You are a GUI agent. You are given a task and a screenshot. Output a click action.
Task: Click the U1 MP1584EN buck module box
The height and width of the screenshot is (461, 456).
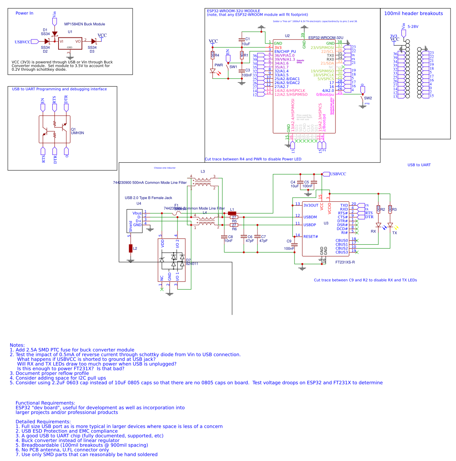tap(70, 43)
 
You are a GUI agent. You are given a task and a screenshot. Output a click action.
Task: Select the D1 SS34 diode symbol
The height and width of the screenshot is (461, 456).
tap(54, 34)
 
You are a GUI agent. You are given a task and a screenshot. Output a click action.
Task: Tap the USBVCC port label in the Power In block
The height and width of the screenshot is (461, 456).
tap(23, 42)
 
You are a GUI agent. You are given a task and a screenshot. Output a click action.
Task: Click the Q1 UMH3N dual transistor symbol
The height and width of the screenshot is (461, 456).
tap(55, 129)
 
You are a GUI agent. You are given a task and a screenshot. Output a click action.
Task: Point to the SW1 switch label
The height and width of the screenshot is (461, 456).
tap(233, 67)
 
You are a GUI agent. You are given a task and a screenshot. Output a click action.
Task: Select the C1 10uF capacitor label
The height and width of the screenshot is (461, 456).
tap(247, 39)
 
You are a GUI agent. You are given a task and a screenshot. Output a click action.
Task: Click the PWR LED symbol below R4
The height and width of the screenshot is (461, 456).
tap(213, 71)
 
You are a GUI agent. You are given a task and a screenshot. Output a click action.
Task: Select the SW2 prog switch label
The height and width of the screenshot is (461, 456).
tap(368, 98)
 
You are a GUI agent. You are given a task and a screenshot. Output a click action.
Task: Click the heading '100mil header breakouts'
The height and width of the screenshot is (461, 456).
tap(413, 14)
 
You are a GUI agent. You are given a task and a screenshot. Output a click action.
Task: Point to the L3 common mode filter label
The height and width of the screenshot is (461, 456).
tap(202, 171)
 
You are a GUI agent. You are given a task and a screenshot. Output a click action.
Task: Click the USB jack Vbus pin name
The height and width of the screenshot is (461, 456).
tap(137, 213)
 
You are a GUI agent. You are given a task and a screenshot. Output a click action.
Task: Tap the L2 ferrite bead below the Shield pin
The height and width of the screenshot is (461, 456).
tap(131, 249)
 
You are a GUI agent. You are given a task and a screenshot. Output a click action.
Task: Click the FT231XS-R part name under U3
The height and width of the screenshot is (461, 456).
tap(345, 262)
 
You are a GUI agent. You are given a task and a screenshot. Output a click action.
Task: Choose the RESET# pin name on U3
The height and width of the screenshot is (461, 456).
tap(311, 237)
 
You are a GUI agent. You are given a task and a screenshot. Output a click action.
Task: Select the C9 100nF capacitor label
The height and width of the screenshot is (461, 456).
tap(289, 241)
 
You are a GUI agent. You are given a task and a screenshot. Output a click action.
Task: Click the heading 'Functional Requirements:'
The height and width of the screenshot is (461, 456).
tap(45, 403)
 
